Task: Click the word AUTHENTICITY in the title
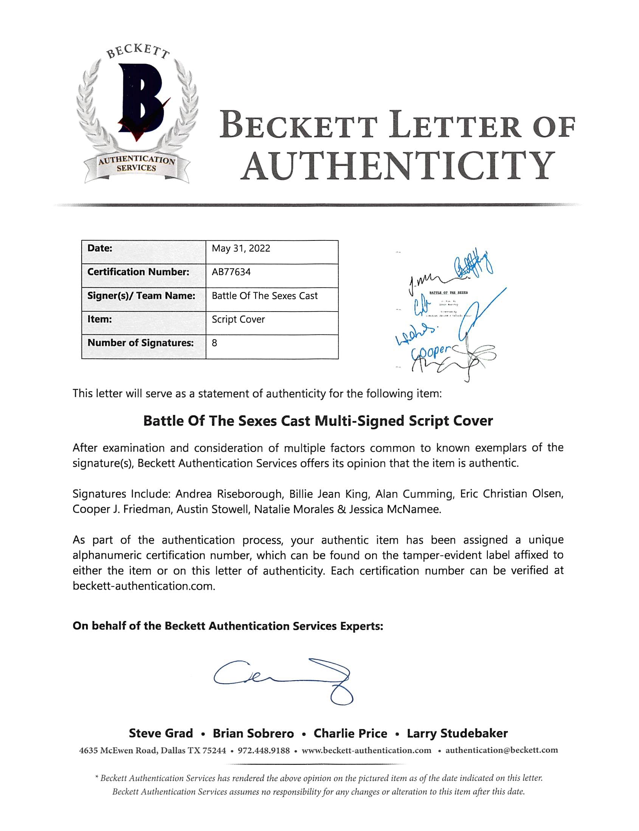tap(397, 166)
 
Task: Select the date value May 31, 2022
tap(241, 248)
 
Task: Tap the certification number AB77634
tap(231, 272)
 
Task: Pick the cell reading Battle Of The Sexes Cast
tap(264, 296)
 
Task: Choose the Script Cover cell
tap(238, 319)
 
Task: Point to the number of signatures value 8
tap(214, 343)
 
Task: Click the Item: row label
tap(100, 319)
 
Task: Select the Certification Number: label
tap(138, 272)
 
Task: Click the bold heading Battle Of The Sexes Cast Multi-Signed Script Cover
tap(318, 421)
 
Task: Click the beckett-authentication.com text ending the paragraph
tap(144, 586)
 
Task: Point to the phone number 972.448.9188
tap(264, 750)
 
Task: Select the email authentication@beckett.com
tap(502, 750)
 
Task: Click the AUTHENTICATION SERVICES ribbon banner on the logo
tap(136, 164)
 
